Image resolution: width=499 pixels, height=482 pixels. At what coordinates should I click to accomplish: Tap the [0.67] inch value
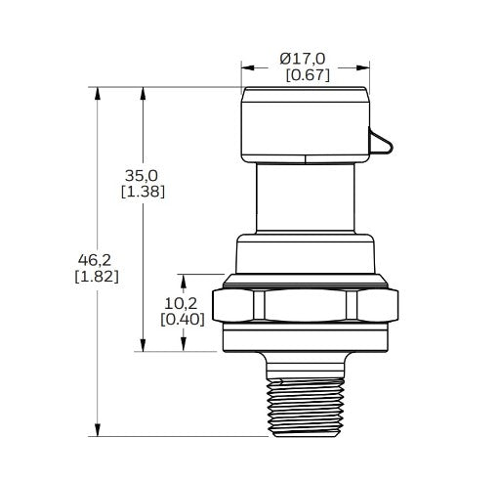tap(307, 75)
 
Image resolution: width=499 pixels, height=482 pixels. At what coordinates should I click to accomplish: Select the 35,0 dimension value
tap(142, 175)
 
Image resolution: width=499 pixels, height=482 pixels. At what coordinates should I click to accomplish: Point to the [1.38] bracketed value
tap(142, 192)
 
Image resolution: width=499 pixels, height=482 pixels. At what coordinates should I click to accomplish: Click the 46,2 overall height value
tap(96, 259)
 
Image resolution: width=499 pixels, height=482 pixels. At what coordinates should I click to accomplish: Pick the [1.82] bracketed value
tap(96, 277)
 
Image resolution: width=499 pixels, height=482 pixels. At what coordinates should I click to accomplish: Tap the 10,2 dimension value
tap(181, 302)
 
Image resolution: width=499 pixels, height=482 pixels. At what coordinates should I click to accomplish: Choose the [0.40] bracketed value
tap(181, 320)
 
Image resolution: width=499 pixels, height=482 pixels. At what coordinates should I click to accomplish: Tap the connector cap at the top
tap(305, 122)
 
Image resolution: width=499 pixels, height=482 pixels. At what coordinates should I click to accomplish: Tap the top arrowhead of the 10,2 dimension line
tap(181, 278)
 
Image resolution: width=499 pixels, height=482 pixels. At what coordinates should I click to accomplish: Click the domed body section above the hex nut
tap(305, 256)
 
